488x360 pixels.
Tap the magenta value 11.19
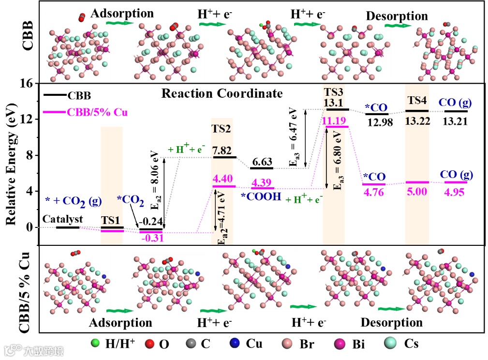(335, 120)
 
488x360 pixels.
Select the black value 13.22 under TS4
(416, 121)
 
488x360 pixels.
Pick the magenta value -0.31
(152, 238)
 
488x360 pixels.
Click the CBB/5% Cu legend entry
(92, 113)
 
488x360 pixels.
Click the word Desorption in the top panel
(397, 16)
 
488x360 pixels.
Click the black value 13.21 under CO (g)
(455, 121)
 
